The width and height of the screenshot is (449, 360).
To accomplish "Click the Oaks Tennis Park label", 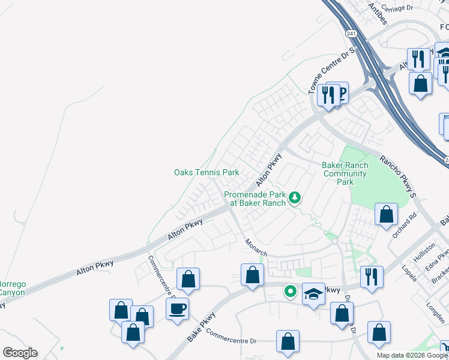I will click(206, 173).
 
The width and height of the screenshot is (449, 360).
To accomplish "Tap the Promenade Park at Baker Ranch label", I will click(255, 199).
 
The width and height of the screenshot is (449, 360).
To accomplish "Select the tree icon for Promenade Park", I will click(295, 197).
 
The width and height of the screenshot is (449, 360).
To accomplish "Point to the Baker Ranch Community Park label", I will click(345, 173).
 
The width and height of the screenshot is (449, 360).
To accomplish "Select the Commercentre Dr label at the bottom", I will click(231, 340).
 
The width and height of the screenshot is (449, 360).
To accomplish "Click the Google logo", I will click(20, 353).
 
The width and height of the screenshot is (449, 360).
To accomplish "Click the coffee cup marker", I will click(177, 310).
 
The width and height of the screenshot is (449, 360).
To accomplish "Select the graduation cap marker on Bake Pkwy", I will click(313, 294).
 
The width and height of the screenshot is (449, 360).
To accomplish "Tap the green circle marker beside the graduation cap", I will click(291, 292).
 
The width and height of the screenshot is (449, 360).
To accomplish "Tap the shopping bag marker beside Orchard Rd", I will click(387, 214).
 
